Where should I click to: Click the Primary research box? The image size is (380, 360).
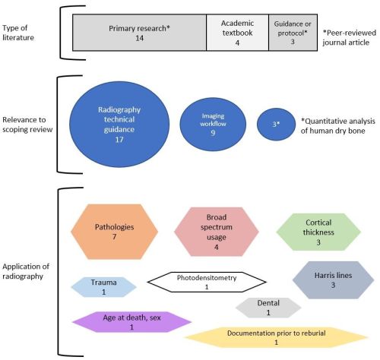[x=140, y=33]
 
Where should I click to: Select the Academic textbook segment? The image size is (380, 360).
[x=238, y=33]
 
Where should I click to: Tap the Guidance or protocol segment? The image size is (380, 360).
[x=293, y=33]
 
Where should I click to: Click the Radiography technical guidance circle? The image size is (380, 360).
[x=119, y=125]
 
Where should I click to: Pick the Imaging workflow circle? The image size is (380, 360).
[x=213, y=125]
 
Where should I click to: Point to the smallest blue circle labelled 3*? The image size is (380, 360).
[x=276, y=125]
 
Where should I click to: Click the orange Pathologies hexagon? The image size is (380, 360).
[x=114, y=232]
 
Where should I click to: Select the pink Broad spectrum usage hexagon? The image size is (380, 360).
[x=217, y=232]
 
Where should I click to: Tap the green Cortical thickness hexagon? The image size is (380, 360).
[x=318, y=232]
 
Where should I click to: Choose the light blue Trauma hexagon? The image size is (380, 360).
[x=104, y=287]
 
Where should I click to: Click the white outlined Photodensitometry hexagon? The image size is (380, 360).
[x=207, y=282]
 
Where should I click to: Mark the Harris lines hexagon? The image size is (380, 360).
[x=333, y=280]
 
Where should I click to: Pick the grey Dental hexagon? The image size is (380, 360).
[x=268, y=308]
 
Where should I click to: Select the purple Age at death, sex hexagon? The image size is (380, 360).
[x=131, y=322]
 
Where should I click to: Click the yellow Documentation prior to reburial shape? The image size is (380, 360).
[x=276, y=337]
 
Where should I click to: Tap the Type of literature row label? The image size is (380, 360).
[x=18, y=33]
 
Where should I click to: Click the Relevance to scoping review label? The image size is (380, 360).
[x=27, y=125]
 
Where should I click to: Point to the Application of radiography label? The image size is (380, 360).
[x=26, y=271]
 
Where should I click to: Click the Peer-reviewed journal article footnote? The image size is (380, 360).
[x=349, y=37]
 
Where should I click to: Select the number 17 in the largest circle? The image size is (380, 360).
[x=119, y=140]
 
